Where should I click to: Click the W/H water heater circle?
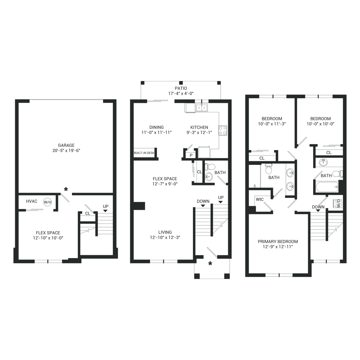click(48, 202)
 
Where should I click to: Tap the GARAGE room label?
click(66, 145)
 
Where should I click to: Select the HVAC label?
click(32, 201)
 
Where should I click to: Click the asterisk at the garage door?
click(66, 189)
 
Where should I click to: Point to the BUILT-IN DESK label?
click(144, 153)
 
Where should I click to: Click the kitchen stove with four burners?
click(223, 130)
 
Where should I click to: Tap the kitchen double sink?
click(202, 107)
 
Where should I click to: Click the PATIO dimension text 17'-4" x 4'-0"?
click(181, 94)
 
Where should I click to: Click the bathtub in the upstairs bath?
click(327, 187)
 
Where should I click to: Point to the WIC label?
click(260, 199)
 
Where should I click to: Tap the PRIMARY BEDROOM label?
click(278, 242)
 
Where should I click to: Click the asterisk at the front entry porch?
click(210, 264)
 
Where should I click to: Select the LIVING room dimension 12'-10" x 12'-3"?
click(165, 237)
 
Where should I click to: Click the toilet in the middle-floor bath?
click(210, 166)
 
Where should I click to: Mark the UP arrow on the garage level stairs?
click(105, 211)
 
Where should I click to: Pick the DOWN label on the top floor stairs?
click(318, 207)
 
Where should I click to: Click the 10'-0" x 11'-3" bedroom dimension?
click(272, 124)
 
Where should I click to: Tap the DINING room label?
click(157, 127)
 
